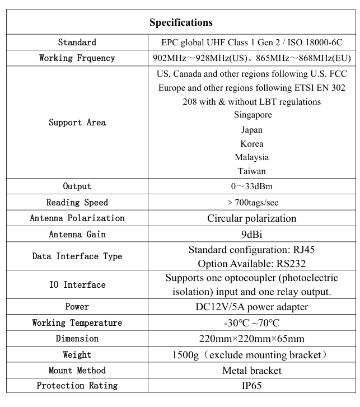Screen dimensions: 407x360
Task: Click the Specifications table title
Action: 181,23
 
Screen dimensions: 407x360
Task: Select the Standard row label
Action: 77,43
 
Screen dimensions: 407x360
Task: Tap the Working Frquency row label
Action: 77,58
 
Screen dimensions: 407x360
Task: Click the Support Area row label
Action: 77,123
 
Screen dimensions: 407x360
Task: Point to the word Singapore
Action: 253,115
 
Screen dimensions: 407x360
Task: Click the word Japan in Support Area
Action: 252,129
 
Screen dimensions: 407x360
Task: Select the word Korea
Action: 252,143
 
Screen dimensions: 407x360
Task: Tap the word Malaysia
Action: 252,157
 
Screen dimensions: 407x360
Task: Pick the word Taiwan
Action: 252,171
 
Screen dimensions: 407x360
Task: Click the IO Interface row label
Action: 77,285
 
